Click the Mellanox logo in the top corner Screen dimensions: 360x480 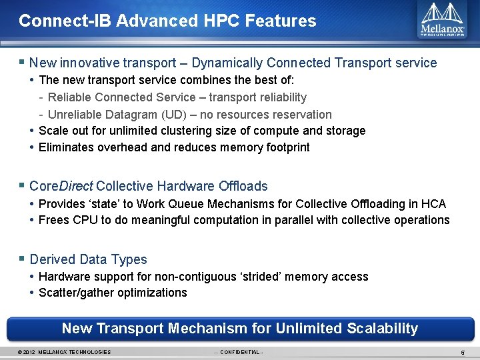(442, 20)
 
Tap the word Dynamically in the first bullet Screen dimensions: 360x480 (229, 63)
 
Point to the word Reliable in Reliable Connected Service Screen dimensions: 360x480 (71, 97)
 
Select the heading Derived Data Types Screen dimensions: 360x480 (88, 259)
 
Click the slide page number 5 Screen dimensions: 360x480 (463, 352)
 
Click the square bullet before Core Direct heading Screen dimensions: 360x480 (22, 185)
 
